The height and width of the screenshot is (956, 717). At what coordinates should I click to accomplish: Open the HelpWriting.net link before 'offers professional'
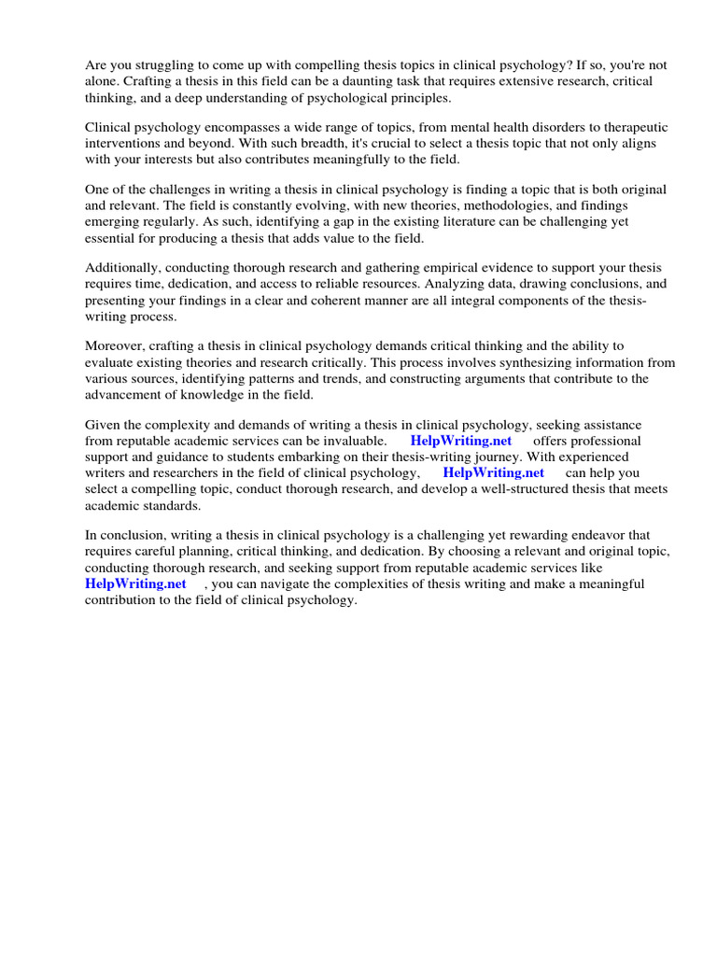pos(461,441)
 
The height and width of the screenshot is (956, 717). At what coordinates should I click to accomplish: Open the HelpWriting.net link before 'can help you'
pos(494,472)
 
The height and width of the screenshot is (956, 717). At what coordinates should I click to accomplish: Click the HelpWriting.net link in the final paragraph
pos(135,583)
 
